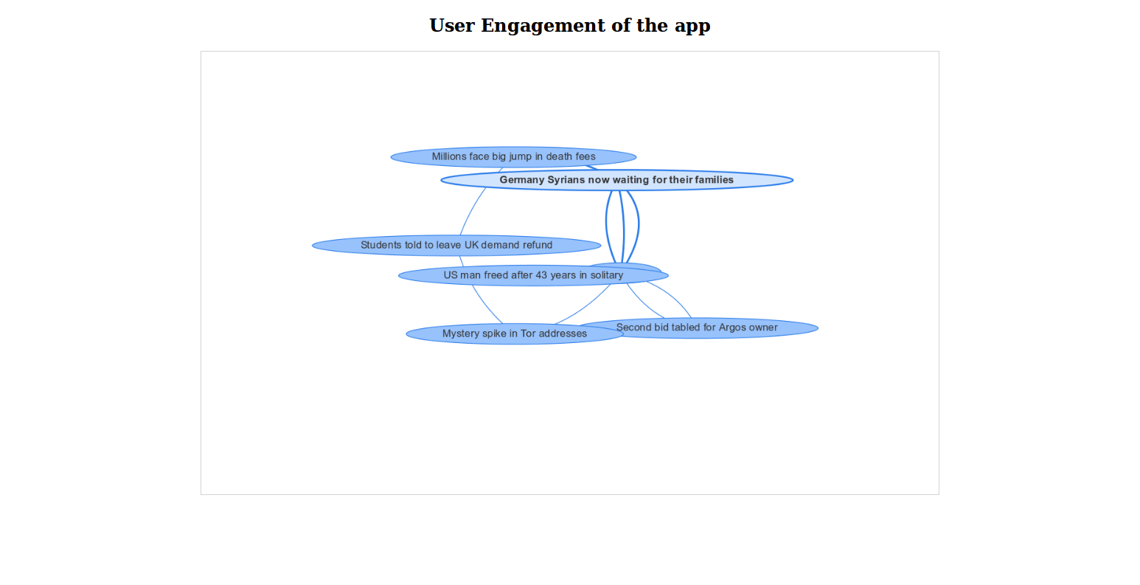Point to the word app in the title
692,26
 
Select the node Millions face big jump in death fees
513,156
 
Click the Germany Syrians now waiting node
616,180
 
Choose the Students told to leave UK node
456,245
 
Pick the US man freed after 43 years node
533,275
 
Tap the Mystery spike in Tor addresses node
515,334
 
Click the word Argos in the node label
733,328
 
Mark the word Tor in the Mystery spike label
528,334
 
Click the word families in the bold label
715,180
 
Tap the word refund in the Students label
537,245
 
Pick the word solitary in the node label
606,275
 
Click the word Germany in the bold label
523,180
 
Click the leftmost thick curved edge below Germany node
606,225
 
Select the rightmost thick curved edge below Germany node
638,225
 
